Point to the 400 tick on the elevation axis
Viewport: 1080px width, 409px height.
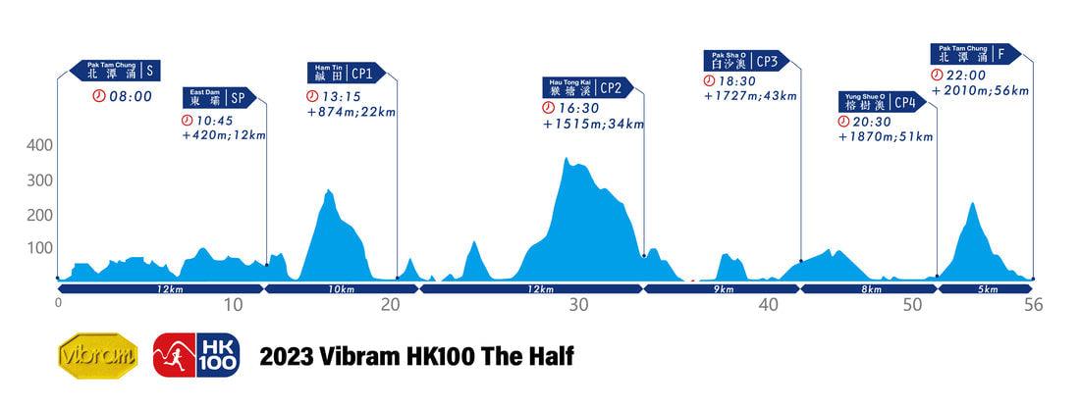(39, 146)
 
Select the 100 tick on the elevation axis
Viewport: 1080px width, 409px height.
(39, 247)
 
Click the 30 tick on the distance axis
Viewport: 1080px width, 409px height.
(578, 305)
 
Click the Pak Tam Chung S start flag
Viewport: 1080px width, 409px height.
(115, 71)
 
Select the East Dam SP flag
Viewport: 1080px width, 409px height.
(219, 97)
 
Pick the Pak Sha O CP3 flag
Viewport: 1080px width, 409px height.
(751, 61)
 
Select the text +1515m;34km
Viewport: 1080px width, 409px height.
(593, 124)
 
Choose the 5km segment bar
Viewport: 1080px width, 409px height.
(987, 289)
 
